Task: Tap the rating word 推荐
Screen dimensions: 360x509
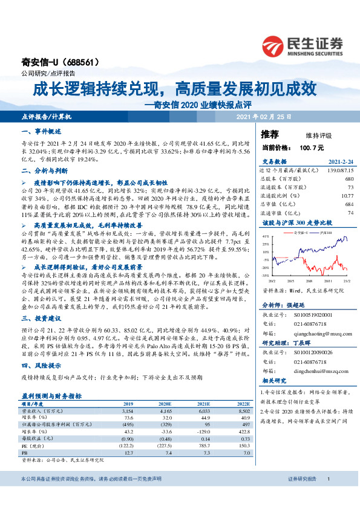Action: [x=269, y=134]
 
